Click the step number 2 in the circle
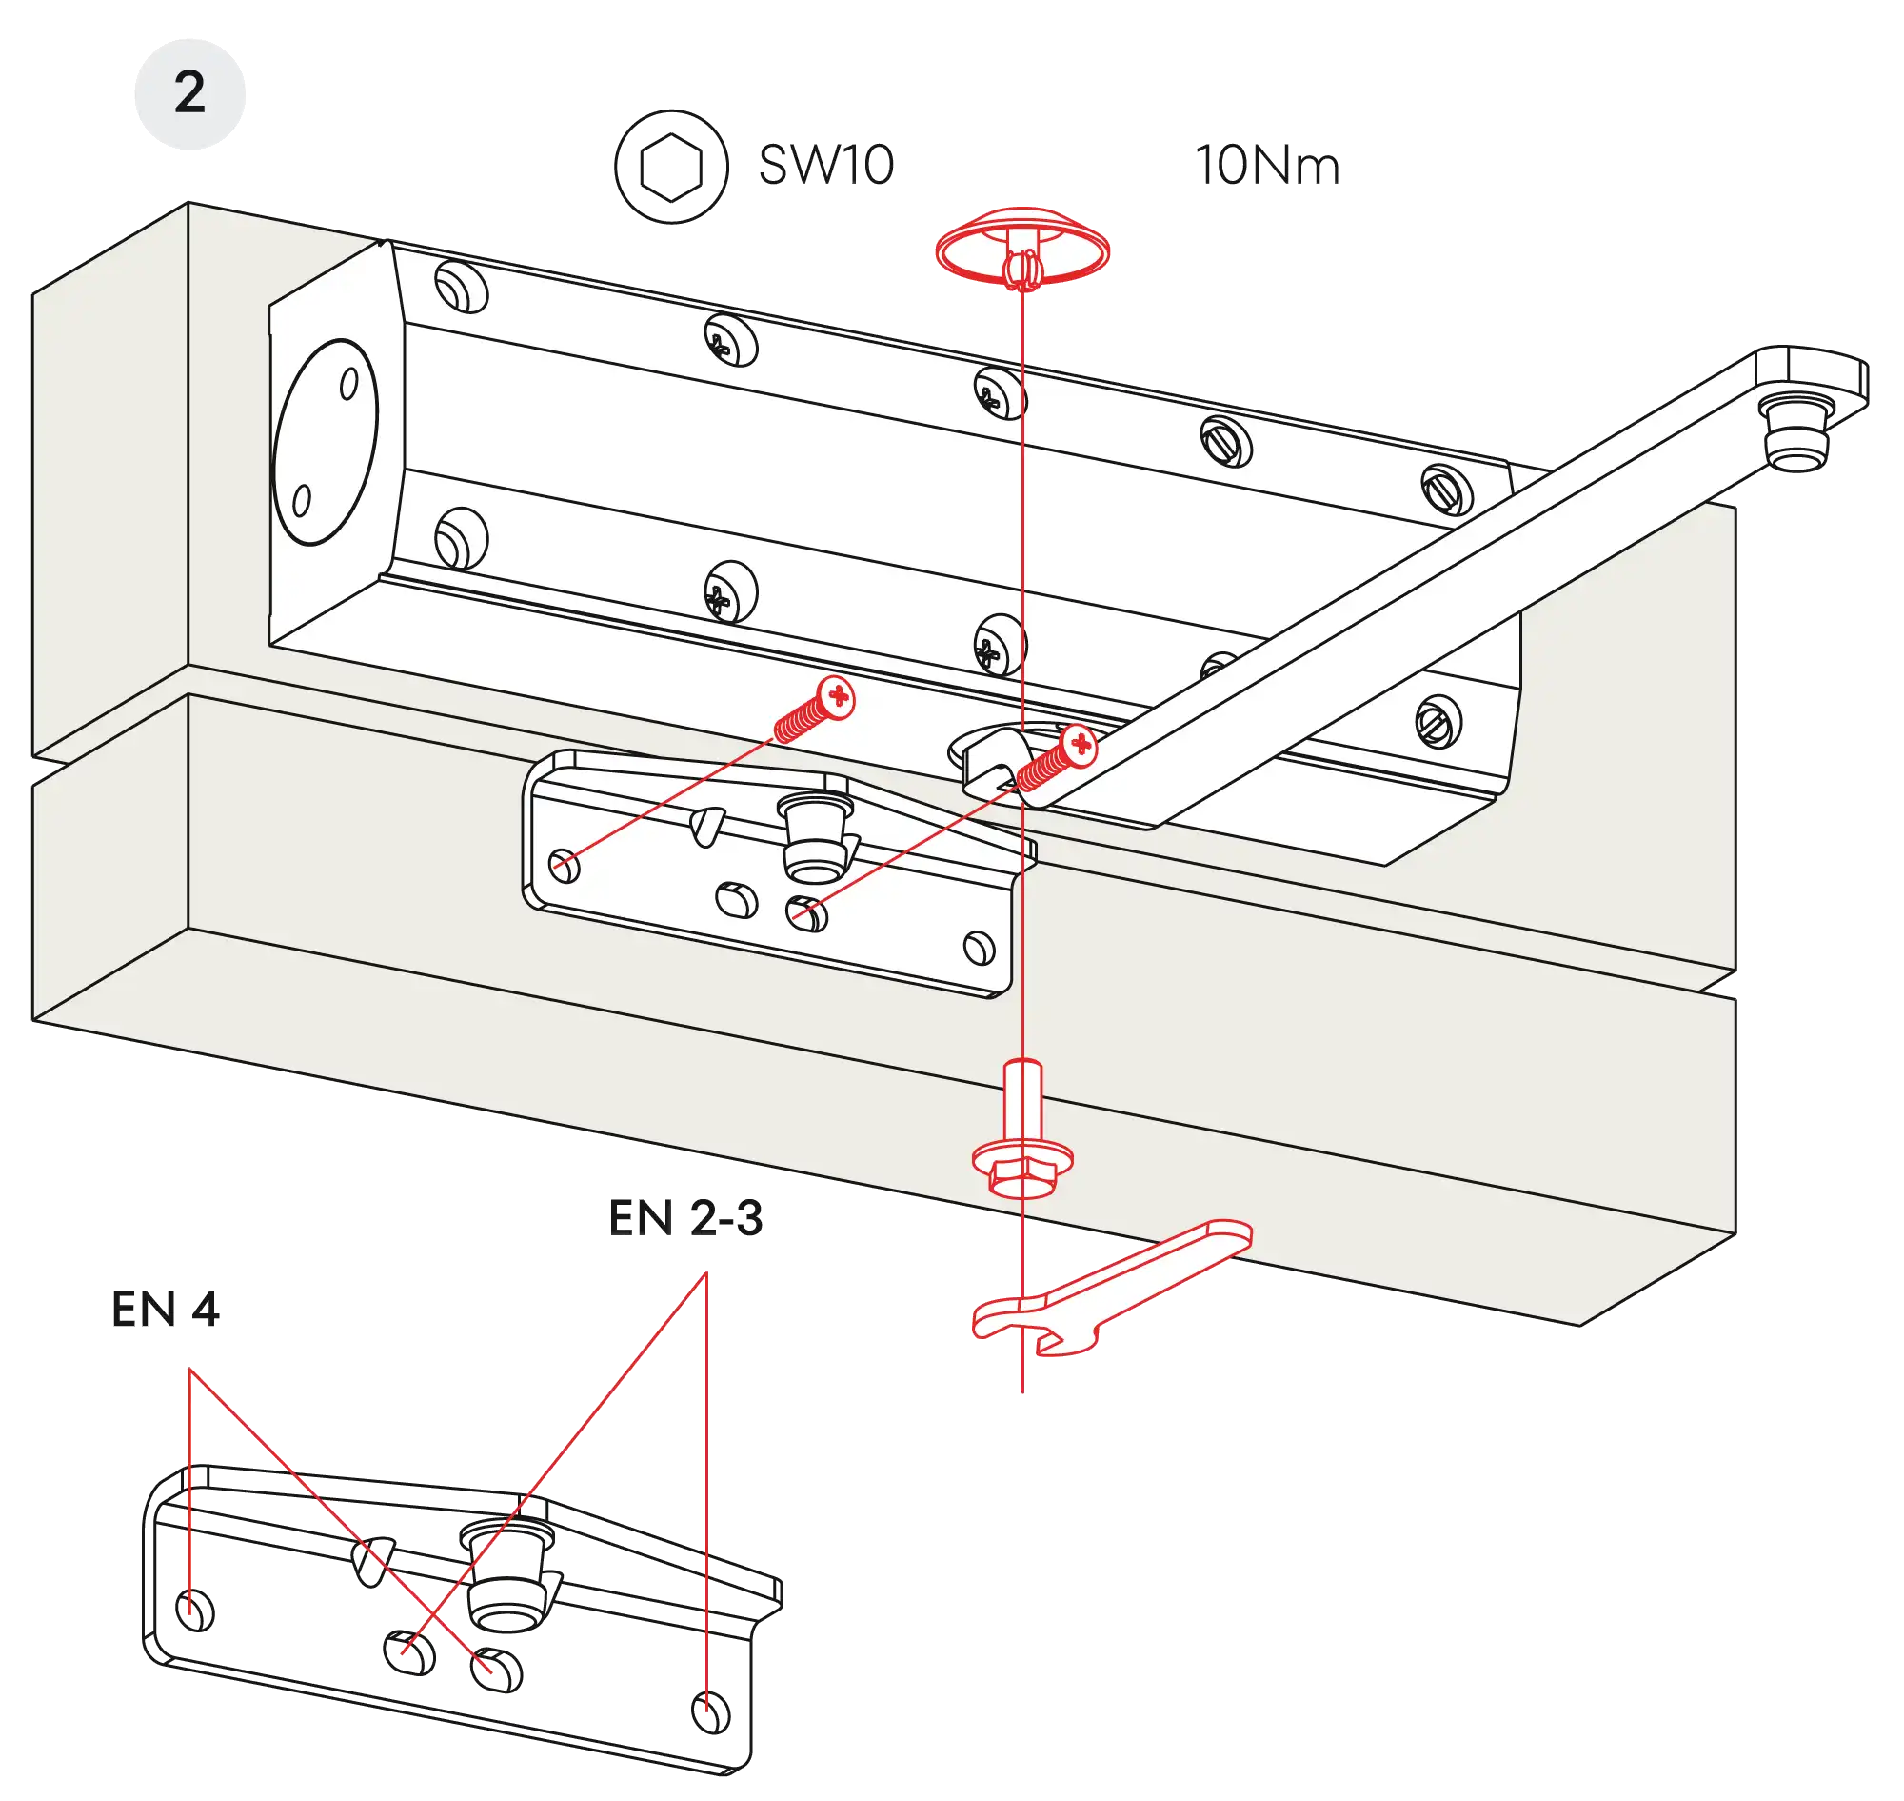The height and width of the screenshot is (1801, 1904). (x=189, y=93)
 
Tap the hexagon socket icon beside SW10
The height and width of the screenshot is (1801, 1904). (x=670, y=167)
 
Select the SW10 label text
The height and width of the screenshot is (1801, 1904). (x=825, y=165)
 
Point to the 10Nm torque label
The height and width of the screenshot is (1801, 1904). (x=1266, y=166)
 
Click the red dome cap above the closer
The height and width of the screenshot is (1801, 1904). (x=1022, y=247)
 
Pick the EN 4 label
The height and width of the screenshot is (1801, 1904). (x=167, y=1308)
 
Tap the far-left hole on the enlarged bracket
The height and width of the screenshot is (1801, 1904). (x=197, y=1609)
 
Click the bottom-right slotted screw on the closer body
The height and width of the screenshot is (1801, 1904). (x=1438, y=720)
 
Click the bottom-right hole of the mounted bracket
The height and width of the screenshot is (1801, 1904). (x=978, y=947)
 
